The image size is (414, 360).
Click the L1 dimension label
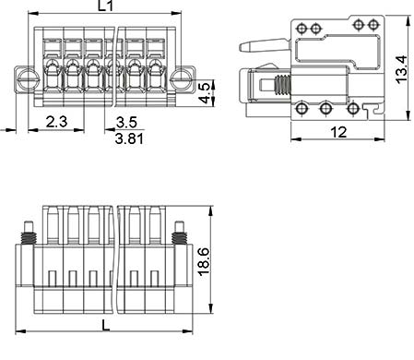[x=105, y=6]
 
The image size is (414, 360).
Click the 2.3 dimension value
[x=57, y=122]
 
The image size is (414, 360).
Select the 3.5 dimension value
[x=126, y=123]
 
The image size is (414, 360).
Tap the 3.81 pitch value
[x=129, y=138]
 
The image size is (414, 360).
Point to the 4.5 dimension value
[x=205, y=92]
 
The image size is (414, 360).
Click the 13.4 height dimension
[x=402, y=69]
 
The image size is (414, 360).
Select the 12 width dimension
[x=338, y=132]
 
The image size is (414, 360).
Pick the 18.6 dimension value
[x=204, y=261]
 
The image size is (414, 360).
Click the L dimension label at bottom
[x=106, y=325]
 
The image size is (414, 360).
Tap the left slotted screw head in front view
[x=29, y=79]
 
